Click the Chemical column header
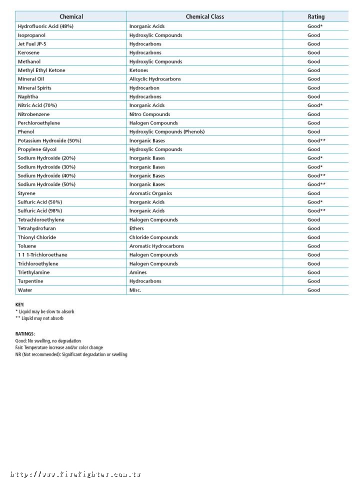[71, 16]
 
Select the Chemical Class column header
[204, 16]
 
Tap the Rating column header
[316, 16]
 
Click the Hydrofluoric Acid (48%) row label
[45, 26]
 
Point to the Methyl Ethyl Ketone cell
[41, 70]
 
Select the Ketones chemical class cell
[138, 70]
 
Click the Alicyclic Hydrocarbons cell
[155, 79]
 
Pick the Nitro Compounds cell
[149, 114]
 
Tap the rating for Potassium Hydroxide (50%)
[316, 140]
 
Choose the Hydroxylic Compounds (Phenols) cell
[167, 131]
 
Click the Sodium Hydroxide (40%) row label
[46, 175]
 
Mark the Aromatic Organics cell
[150, 193]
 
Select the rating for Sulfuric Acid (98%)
[316, 211]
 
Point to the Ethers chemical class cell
[136, 228]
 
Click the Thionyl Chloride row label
[37, 237]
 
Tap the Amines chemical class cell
[138, 272]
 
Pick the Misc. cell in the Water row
[135, 290]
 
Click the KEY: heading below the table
[20, 304]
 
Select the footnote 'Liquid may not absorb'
[39, 318]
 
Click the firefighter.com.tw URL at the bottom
[75, 474]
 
